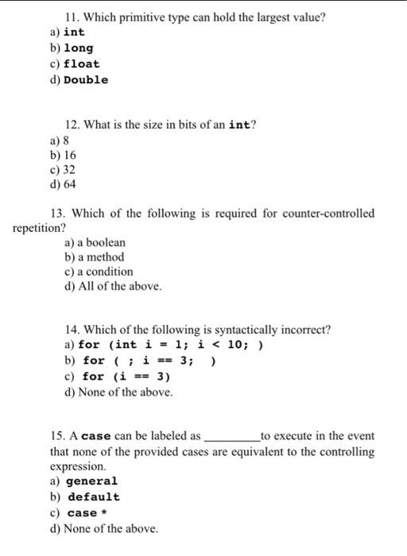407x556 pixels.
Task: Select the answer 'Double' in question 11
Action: (x=86, y=79)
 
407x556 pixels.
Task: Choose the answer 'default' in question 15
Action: (x=93, y=497)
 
